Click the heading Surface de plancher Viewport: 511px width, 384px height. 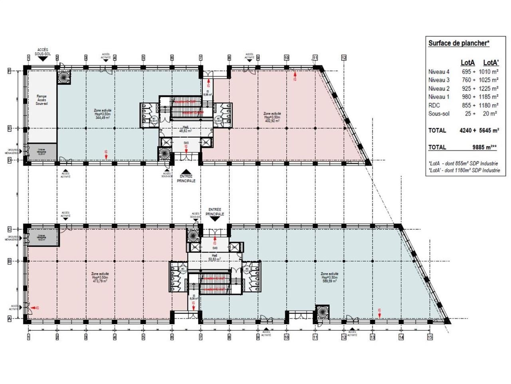tap(459, 43)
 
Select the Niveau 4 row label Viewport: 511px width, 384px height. tap(439, 72)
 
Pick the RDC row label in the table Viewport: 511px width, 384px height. tap(434, 105)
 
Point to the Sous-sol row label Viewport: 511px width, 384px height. tap(439, 114)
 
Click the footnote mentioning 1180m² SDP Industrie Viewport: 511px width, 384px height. tap(464, 170)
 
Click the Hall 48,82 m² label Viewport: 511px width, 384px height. tap(186, 129)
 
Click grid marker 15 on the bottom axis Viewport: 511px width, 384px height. tap(430, 337)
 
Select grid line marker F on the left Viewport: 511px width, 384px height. tap(10, 71)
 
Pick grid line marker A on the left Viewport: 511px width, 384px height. tap(10, 318)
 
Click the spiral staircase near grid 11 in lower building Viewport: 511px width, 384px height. tap(322, 312)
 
